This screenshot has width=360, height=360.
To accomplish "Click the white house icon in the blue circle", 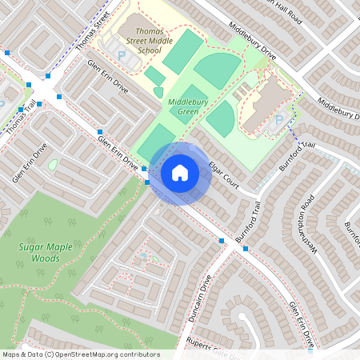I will (179, 172).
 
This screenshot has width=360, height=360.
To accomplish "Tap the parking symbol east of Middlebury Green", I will (278, 120).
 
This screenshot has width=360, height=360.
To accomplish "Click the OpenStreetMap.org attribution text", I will (104, 354).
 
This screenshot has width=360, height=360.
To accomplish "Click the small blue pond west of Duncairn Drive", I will (144, 257).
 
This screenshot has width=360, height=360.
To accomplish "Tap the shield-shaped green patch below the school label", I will (158, 92).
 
